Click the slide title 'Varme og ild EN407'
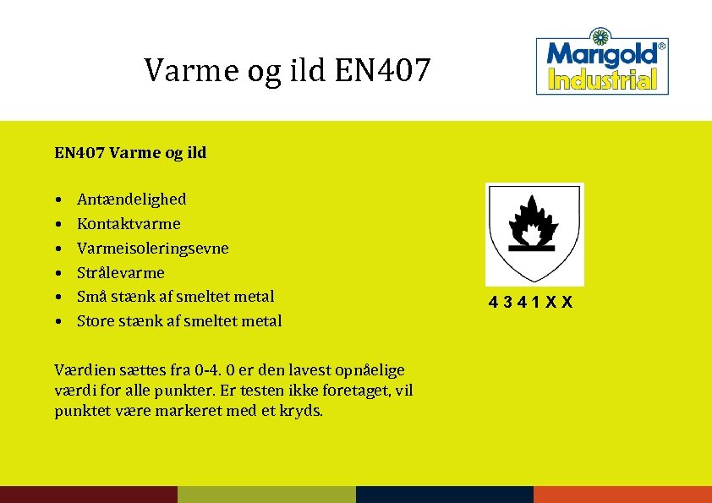point(288,70)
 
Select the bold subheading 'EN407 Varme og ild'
point(130,153)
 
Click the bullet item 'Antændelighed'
point(132,200)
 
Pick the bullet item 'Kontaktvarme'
point(129,224)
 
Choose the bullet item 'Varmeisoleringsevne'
point(152,249)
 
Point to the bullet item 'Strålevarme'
point(121,273)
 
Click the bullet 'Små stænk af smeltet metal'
point(176,297)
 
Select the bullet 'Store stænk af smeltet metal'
point(179,321)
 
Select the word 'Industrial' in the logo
point(602,80)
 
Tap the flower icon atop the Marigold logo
point(601,36)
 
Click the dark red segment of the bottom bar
point(89,495)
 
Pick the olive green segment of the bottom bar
point(266,495)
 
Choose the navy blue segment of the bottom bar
point(445,495)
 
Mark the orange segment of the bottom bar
point(622,495)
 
